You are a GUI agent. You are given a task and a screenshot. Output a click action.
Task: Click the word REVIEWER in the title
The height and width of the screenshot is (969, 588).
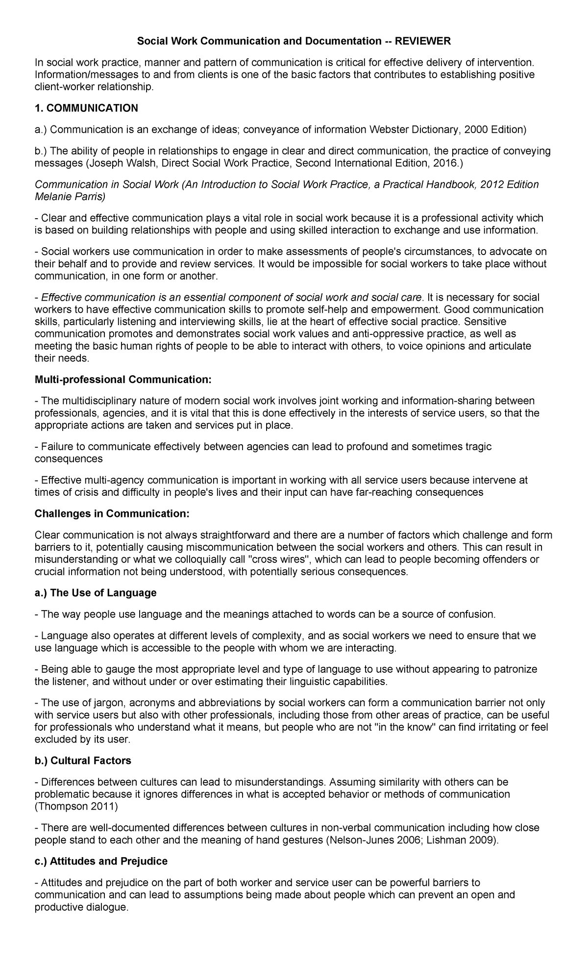click(x=423, y=41)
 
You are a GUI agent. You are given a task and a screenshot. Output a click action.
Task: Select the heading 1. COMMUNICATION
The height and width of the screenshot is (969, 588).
click(x=86, y=108)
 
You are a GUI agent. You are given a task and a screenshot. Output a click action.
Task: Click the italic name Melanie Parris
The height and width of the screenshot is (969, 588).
click(x=69, y=197)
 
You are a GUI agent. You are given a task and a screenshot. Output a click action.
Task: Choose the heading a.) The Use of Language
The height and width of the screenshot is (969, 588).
click(x=96, y=593)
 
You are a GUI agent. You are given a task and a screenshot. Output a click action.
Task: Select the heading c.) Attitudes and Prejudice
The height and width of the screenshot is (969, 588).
click(x=101, y=861)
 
